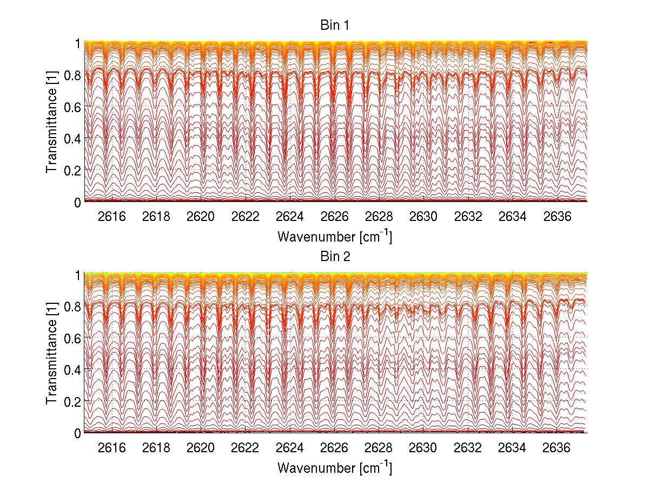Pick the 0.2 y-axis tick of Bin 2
pyautogui.click(x=71, y=401)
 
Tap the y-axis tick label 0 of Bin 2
pyautogui.click(x=78, y=433)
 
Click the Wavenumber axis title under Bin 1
pyautogui.click(x=334, y=237)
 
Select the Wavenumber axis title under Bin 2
pyautogui.click(x=334, y=467)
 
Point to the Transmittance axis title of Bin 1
pyautogui.click(x=52, y=122)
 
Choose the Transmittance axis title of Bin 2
pyautogui.click(x=52, y=354)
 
